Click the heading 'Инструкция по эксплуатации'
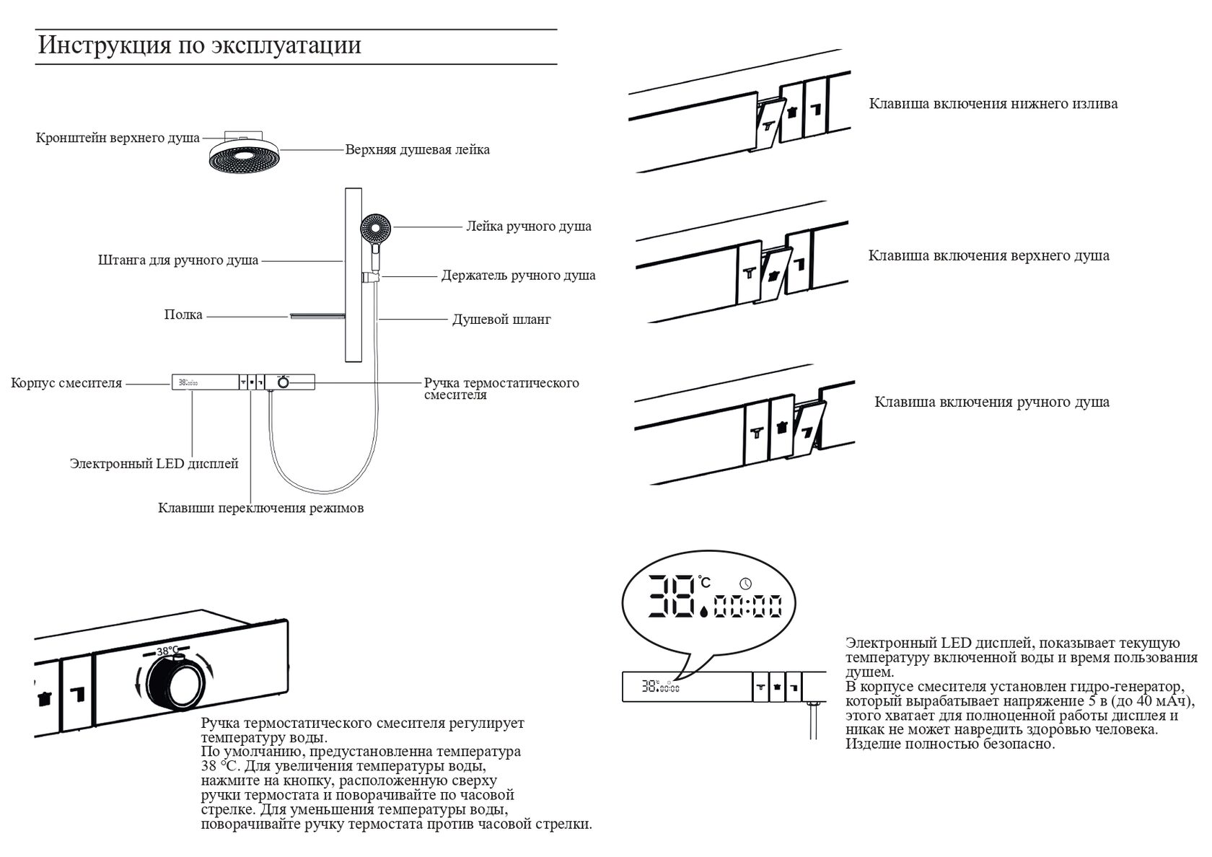[x=199, y=45]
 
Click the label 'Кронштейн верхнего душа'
[x=118, y=138]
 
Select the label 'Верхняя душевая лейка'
[x=417, y=150]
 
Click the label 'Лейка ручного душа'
[x=529, y=227]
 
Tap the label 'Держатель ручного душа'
[x=518, y=276]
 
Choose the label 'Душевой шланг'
[x=501, y=319]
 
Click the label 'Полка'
[x=183, y=315]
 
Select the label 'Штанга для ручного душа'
[x=178, y=260]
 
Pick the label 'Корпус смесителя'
[x=66, y=383]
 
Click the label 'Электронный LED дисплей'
[x=154, y=464]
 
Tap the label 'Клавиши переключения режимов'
[x=260, y=509]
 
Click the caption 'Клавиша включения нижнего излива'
[x=993, y=104]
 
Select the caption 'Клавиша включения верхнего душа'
[x=988, y=256]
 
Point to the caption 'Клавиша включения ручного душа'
[x=991, y=403]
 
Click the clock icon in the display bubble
[x=745, y=583]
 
